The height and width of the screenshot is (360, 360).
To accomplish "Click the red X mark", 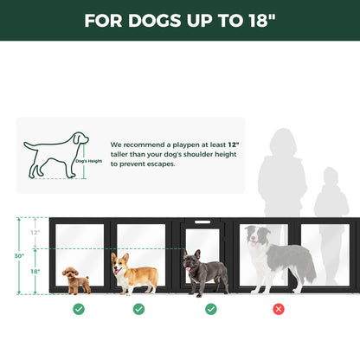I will pyautogui.click(x=279, y=309).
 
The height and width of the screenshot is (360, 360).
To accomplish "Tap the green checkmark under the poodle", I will pyautogui.click(x=79, y=309).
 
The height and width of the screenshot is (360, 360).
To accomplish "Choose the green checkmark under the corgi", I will pyautogui.click(x=138, y=309).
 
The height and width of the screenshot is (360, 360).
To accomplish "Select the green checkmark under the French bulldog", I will pyautogui.click(x=211, y=309).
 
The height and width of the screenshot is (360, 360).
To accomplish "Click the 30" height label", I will pyautogui.click(x=18, y=255).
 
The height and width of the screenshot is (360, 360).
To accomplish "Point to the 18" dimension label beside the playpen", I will pyautogui.click(x=35, y=271).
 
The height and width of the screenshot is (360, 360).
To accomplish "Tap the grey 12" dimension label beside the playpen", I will pyautogui.click(x=35, y=233).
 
